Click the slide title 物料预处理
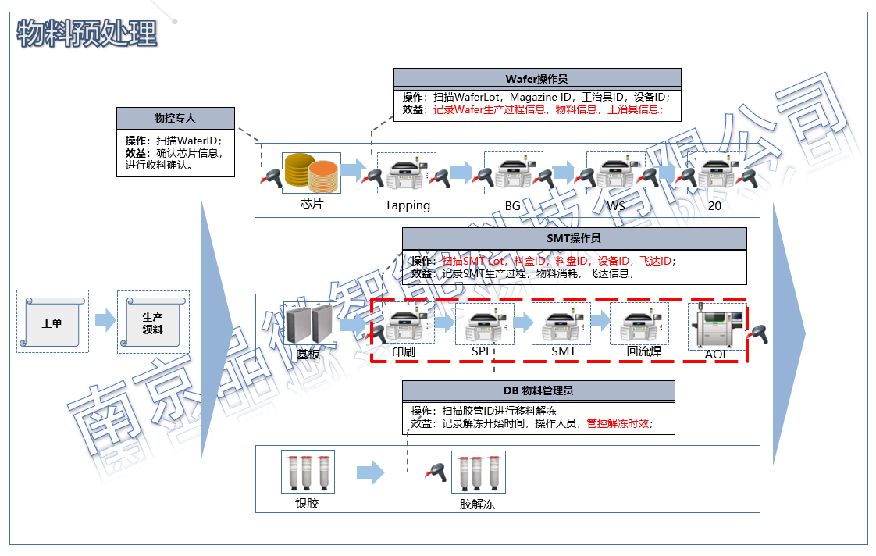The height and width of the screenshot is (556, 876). pyautogui.click(x=87, y=34)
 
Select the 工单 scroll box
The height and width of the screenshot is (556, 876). pyautogui.click(x=52, y=322)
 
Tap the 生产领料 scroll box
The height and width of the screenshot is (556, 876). pyautogui.click(x=153, y=323)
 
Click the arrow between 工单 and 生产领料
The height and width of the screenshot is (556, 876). pyautogui.click(x=105, y=320)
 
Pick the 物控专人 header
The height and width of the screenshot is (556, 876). pyautogui.click(x=175, y=119)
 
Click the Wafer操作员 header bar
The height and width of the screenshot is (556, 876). pyautogui.click(x=536, y=78)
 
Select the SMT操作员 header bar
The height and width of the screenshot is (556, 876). pyautogui.click(x=574, y=238)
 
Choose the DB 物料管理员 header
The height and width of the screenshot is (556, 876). pyautogui.click(x=538, y=390)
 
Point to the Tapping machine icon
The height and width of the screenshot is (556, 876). pyautogui.click(x=407, y=174)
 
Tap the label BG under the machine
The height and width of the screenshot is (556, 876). pyautogui.click(x=512, y=206)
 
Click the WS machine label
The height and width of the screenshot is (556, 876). pyautogui.click(x=616, y=206)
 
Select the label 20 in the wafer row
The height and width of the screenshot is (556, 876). pyautogui.click(x=714, y=206)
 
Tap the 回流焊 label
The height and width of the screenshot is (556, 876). pyautogui.click(x=644, y=351)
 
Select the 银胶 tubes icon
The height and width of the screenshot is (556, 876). pyautogui.click(x=308, y=472)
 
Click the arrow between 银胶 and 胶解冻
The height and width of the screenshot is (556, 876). pyautogui.click(x=370, y=472)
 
